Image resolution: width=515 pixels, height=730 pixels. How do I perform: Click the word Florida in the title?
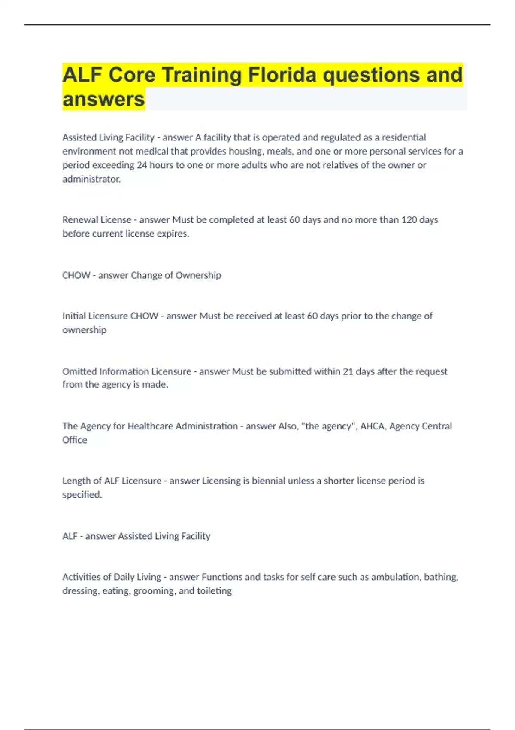[282, 75]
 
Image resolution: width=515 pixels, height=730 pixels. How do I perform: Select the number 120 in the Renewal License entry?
[409, 220]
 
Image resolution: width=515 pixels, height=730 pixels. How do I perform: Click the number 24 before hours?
[142, 165]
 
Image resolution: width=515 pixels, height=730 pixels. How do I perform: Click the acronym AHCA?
[373, 426]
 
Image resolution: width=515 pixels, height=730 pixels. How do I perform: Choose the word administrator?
[91, 179]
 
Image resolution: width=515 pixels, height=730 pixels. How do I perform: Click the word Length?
[76, 481]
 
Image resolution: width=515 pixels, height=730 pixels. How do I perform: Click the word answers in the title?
[103, 99]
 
